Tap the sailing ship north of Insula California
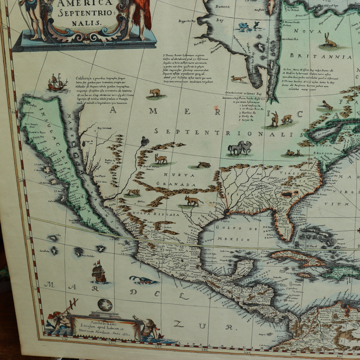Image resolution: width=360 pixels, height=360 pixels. coord(57,83)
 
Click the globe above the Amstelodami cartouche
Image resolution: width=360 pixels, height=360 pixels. coord(105,305)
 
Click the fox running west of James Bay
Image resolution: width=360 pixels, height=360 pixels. coord(239,78)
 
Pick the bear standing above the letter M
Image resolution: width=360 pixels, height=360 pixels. coord(155,93)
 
